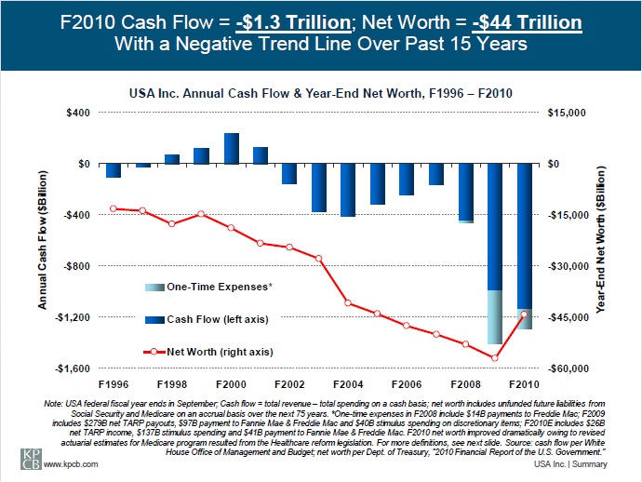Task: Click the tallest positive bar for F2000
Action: pyautogui.click(x=232, y=149)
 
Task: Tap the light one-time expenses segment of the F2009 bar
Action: pyautogui.click(x=495, y=317)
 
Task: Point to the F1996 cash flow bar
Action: pyautogui.click(x=113, y=170)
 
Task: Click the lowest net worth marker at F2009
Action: pyautogui.click(x=495, y=358)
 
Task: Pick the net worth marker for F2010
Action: pyautogui.click(x=525, y=314)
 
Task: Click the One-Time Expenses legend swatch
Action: pyautogui.click(x=154, y=286)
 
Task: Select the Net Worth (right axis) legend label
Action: pyautogui.click(x=220, y=352)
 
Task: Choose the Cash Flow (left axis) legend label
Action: pyautogui.click(x=217, y=319)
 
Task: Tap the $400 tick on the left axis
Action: pyautogui.click(x=79, y=113)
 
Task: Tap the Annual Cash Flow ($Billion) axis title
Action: pyautogui.click(x=43, y=239)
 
